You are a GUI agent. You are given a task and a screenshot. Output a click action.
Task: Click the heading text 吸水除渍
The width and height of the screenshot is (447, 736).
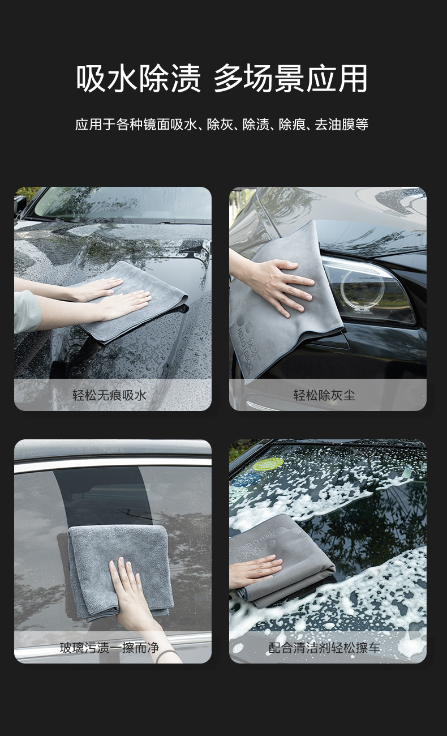click(x=139, y=78)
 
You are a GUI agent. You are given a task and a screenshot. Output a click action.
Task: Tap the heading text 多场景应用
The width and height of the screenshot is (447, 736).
click(x=291, y=78)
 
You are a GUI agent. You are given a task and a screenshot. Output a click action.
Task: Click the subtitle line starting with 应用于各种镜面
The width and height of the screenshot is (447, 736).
click(x=222, y=125)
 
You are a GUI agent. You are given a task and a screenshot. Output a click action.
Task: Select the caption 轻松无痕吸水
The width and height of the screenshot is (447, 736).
click(x=109, y=395)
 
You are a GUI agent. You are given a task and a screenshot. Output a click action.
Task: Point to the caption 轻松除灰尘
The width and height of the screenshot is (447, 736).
click(x=324, y=395)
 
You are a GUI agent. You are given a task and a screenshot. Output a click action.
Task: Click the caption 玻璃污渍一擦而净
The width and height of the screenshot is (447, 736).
click(x=109, y=648)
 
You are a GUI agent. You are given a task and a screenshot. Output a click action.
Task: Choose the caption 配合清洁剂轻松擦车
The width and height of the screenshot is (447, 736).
click(x=324, y=648)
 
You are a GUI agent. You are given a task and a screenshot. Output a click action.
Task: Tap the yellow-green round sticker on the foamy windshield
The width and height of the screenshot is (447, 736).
click(x=268, y=464)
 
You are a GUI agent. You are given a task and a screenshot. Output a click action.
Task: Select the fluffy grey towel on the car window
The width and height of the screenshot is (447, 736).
click(x=120, y=572)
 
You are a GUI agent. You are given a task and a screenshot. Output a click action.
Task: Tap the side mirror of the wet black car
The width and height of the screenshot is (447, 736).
click(x=20, y=205)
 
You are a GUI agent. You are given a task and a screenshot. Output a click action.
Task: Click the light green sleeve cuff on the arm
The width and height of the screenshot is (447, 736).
click(x=27, y=311)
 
